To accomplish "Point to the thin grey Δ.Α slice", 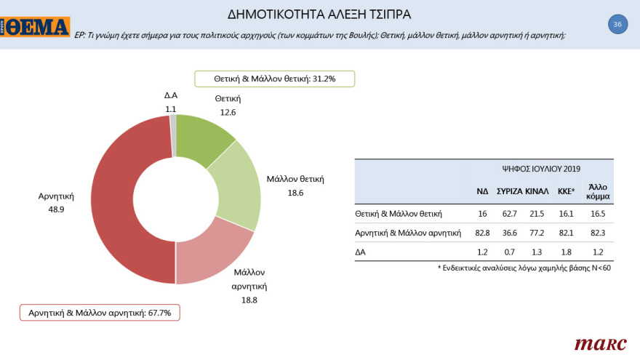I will click(x=173, y=135).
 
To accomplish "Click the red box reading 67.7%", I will click(x=100, y=313).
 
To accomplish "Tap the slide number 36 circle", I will click(x=617, y=24).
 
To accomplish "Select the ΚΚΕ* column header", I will click(x=567, y=191).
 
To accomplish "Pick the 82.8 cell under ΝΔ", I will click(x=482, y=233).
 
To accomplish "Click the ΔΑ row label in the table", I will click(x=361, y=252).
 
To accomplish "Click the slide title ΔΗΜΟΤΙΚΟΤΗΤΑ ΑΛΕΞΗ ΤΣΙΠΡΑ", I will click(x=320, y=13).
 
